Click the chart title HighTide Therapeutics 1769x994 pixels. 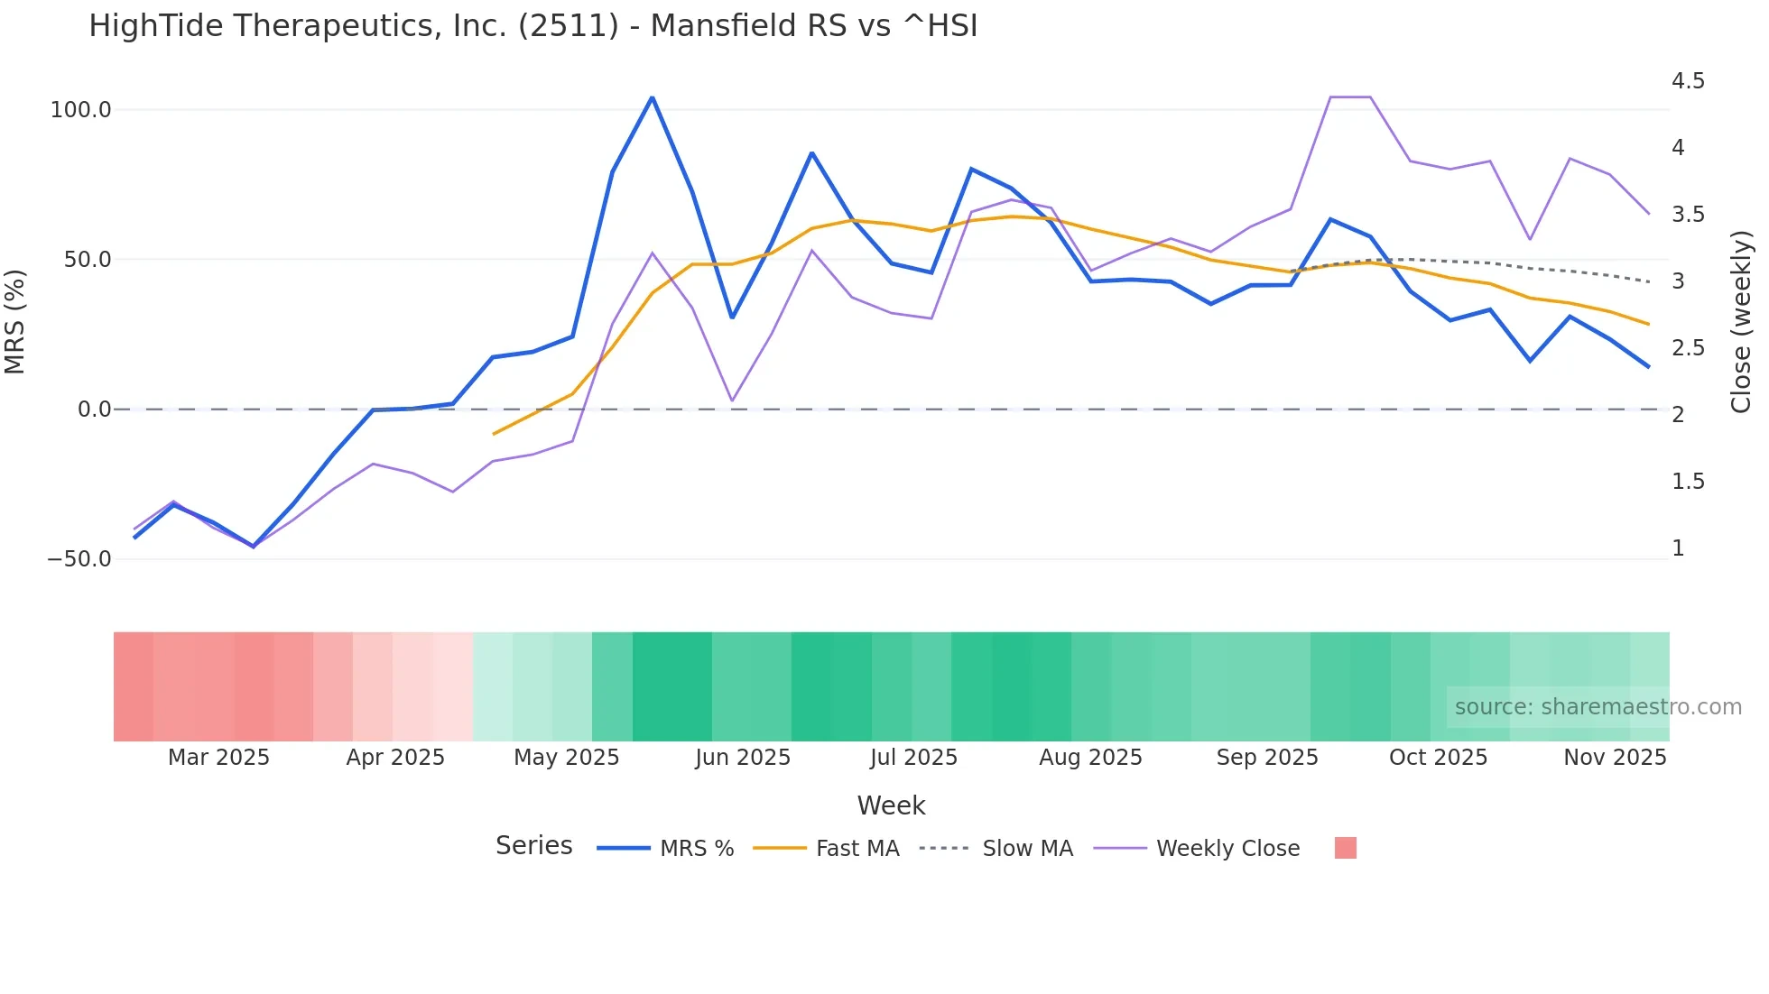[x=533, y=26]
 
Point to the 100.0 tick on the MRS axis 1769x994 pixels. [x=81, y=110]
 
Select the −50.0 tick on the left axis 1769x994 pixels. [x=79, y=559]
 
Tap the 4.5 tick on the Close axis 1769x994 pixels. [x=1688, y=81]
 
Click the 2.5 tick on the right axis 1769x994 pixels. [x=1688, y=348]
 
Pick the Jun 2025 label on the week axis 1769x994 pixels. [x=743, y=758]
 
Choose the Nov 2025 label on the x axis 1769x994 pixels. [x=1615, y=758]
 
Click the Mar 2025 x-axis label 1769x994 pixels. [x=218, y=758]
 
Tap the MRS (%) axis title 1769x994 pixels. [x=14, y=321]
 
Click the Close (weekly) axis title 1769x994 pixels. [x=1741, y=321]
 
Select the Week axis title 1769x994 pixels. [x=891, y=805]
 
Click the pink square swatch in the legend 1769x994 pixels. [x=1345, y=848]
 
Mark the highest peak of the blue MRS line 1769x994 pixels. [x=653, y=97]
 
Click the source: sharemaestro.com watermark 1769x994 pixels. [x=1598, y=707]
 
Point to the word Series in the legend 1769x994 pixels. [x=533, y=846]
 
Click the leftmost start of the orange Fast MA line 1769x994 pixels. [x=494, y=434]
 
